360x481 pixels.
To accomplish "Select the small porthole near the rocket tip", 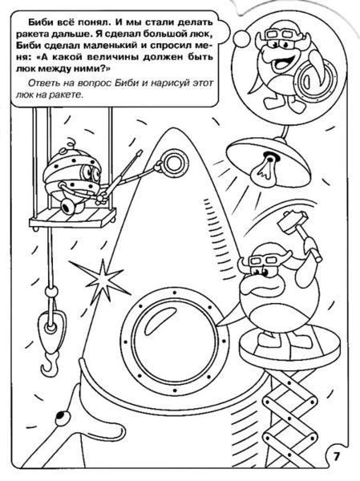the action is pos(174,164).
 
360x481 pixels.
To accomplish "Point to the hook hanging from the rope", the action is pos(51,364).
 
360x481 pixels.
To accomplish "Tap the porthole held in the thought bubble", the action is pos(309,79).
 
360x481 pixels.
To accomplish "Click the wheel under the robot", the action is pos(68,205).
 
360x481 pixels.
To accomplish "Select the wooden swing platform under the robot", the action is pos(72,218).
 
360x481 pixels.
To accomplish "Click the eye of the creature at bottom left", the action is pos(61,417).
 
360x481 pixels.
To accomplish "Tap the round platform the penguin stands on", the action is pos(289,349).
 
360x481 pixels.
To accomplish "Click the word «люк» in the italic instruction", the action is pos(22,95).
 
